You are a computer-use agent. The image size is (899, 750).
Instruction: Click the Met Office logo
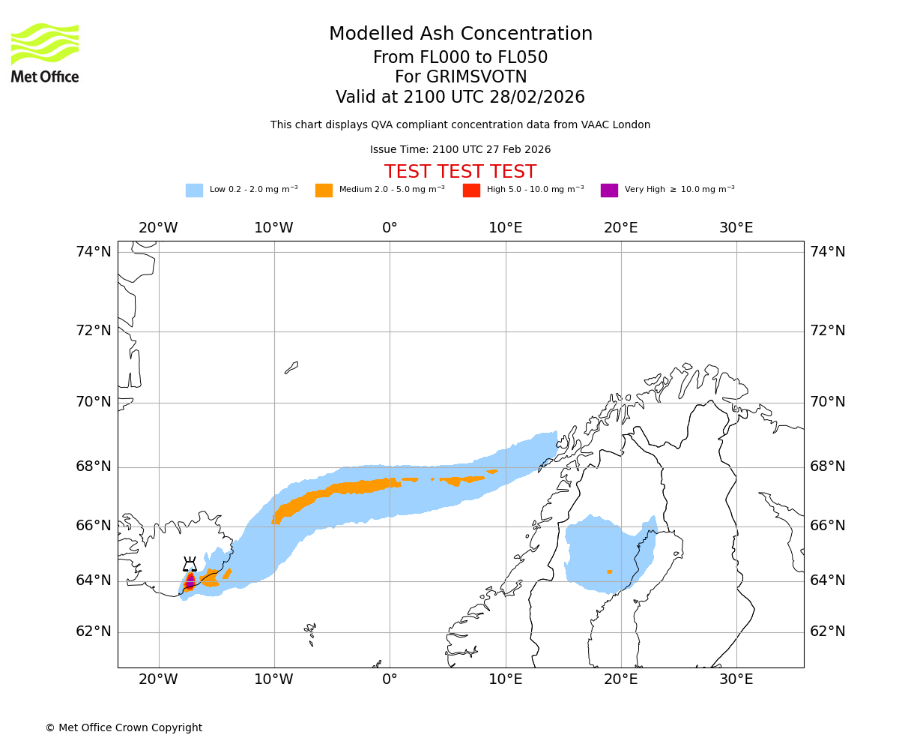click(x=45, y=52)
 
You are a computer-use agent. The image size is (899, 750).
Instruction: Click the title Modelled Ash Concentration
click(x=461, y=34)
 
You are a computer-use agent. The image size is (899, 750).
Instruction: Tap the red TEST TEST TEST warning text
click(x=460, y=172)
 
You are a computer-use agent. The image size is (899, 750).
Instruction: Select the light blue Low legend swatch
click(x=194, y=190)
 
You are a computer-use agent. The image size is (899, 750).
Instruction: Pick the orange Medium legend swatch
click(x=324, y=190)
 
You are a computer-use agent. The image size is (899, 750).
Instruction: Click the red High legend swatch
click(x=471, y=190)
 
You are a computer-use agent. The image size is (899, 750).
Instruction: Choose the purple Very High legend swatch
click(x=609, y=190)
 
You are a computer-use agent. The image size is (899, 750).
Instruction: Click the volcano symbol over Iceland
click(x=190, y=564)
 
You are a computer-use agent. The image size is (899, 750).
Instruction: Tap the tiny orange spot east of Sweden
click(x=610, y=571)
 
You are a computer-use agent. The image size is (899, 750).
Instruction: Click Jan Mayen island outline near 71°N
click(x=291, y=367)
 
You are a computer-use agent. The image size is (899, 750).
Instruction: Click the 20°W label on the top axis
click(x=158, y=228)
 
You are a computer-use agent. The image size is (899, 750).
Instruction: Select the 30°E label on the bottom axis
click(x=736, y=679)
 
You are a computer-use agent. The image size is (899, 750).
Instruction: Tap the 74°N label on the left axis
click(x=94, y=252)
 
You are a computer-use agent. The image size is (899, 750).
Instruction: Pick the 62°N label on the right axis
click(x=828, y=631)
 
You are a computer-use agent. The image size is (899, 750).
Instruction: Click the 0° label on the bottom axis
click(x=390, y=679)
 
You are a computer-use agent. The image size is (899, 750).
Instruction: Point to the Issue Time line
click(x=460, y=150)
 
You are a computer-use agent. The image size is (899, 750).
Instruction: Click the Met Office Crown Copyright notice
click(x=124, y=727)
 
